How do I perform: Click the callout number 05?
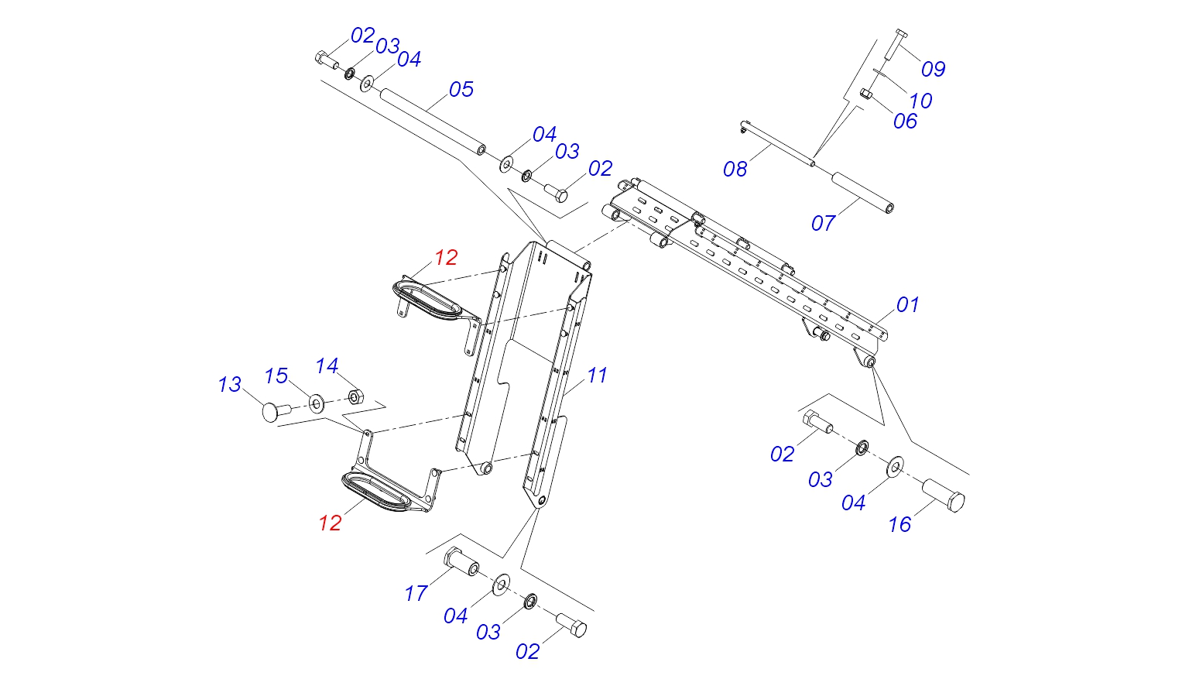pos(461,89)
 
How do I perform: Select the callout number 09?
pos(933,69)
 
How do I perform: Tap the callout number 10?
pos(920,101)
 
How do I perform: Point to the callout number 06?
pos(905,122)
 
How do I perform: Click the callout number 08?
pos(735,170)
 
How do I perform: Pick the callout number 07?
pos(824,223)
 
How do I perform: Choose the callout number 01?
pos(908,305)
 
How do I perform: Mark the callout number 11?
pos(597,376)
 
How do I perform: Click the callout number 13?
pos(230,384)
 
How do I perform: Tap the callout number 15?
pos(276,376)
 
